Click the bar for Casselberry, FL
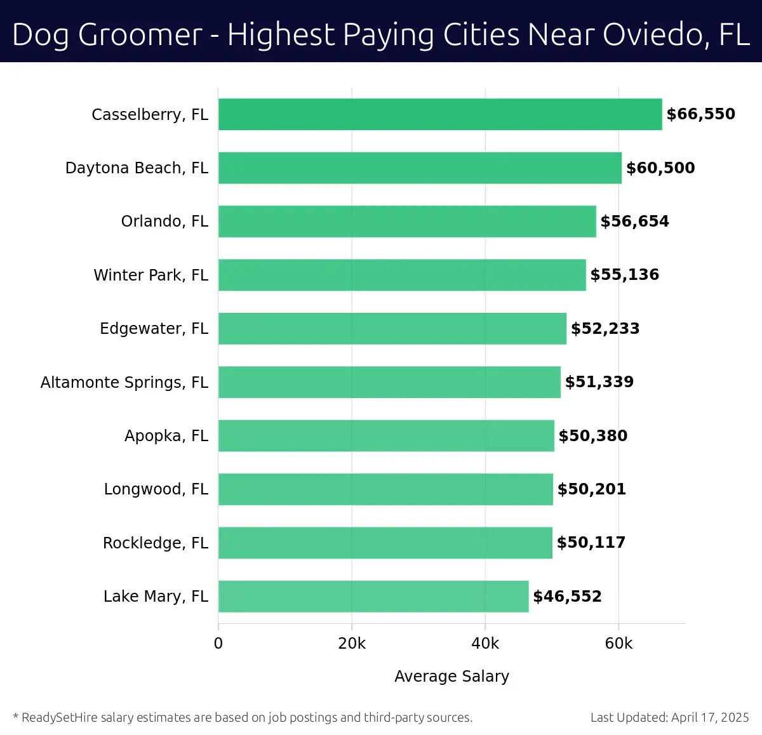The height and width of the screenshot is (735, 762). [x=440, y=114]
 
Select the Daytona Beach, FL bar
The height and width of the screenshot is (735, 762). [x=420, y=168]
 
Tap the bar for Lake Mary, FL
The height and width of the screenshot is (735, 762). [x=373, y=596]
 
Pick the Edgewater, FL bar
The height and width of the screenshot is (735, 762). [x=392, y=328]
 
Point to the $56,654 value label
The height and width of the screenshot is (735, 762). [x=634, y=222]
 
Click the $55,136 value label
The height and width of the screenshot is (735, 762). [x=624, y=275]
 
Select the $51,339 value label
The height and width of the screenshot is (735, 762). [x=599, y=382]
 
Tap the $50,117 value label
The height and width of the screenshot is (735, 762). [x=591, y=543]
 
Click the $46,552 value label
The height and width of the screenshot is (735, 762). [x=567, y=597]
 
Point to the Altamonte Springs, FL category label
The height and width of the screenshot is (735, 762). [x=124, y=382]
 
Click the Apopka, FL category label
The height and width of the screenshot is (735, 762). [x=166, y=436]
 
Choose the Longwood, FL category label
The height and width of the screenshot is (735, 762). [x=156, y=489]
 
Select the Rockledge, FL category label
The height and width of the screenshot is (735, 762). [x=156, y=543]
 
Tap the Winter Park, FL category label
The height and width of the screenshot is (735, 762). [x=151, y=275]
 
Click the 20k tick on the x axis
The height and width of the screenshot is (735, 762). [x=352, y=644]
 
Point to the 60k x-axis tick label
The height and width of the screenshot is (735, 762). [x=618, y=644]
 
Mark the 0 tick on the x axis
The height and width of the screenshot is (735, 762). [x=218, y=644]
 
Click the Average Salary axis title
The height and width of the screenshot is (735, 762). [x=451, y=677]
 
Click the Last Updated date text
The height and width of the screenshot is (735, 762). [x=669, y=718]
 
